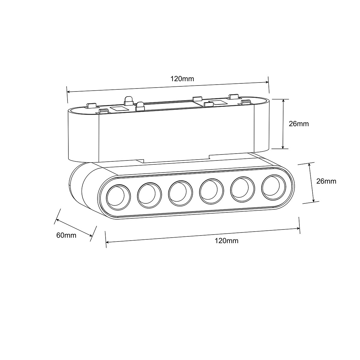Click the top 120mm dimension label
coord(182,79)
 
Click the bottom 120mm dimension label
coord(226,241)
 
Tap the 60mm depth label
coord(66,235)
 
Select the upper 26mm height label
coord(298,124)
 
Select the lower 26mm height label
coord(326,181)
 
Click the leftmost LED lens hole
coord(119,197)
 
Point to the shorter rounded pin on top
coord(140,106)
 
